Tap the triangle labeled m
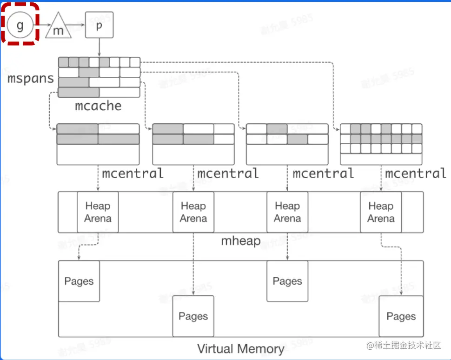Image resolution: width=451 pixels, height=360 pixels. (x=59, y=27)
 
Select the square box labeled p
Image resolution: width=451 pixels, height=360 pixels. (x=99, y=25)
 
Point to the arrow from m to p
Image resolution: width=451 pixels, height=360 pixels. (x=78, y=25)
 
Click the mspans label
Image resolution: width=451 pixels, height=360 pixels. (x=31, y=78)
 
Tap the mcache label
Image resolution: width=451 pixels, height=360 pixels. (x=98, y=106)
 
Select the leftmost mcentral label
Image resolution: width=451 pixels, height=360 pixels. (x=133, y=173)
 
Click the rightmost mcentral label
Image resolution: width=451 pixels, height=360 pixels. (x=416, y=173)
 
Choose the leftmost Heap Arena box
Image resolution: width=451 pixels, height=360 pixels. (x=98, y=212)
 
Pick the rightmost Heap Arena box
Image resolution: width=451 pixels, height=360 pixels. (x=381, y=212)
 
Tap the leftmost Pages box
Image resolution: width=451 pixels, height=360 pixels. (x=79, y=281)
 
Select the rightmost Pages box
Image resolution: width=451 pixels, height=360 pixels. (x=401, y=316)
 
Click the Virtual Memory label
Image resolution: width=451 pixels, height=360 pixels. (x=240, y=349)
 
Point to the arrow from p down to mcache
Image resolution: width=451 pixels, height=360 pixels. (x=99, y=47)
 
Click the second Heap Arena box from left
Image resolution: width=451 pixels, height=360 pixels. (x=193, y=212)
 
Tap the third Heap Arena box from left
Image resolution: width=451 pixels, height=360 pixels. (x=287, y=212)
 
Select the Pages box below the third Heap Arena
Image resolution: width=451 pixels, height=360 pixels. (x=287, y=281)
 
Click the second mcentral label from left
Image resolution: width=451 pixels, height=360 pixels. (x=228, y=173)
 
